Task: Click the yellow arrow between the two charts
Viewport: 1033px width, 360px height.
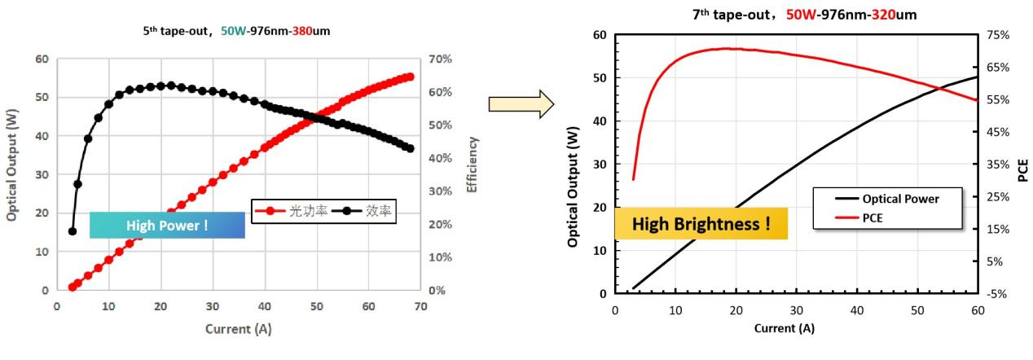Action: [x=521, y=104]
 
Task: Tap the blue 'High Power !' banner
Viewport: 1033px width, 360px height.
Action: [x=167, y=226]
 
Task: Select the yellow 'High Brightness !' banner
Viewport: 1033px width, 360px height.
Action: [x=701, y=223]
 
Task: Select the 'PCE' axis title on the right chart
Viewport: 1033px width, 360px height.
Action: [x=1022, y=170]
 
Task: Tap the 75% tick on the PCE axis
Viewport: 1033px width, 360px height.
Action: [x=999, y=35]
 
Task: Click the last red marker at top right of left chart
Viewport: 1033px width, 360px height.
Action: [x=410, y=77]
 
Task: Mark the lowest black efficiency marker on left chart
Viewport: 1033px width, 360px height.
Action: [x=73, y=231]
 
